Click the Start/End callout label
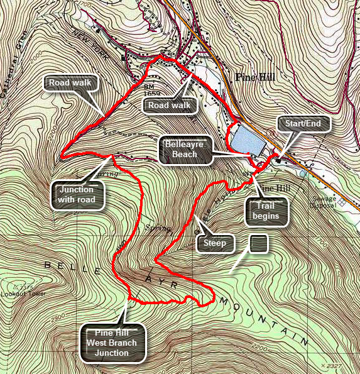tap(303, 124)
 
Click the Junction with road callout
tap(77, 194)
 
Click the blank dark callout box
tap(259, 243)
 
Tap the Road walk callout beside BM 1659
tap(170, 105)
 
